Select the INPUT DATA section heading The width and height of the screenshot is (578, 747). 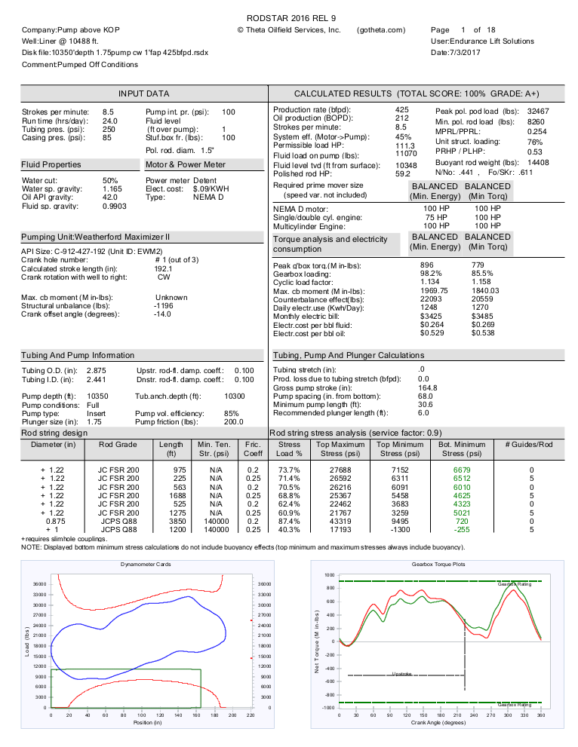(143, 93)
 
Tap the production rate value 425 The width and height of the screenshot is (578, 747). (402, 110)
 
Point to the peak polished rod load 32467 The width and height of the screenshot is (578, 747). (538, 111)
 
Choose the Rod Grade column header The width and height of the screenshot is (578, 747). (118, 445)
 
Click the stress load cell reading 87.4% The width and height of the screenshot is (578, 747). (290, 521)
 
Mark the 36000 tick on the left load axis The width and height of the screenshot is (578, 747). (39, 583)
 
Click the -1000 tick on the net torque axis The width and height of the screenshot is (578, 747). (328, 708)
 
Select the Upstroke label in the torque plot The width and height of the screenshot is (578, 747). (402, 674)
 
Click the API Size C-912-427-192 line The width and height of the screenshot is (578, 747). (91, 251)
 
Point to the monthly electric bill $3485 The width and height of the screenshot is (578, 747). (481, 316)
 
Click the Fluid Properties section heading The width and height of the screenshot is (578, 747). (51, 164)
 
